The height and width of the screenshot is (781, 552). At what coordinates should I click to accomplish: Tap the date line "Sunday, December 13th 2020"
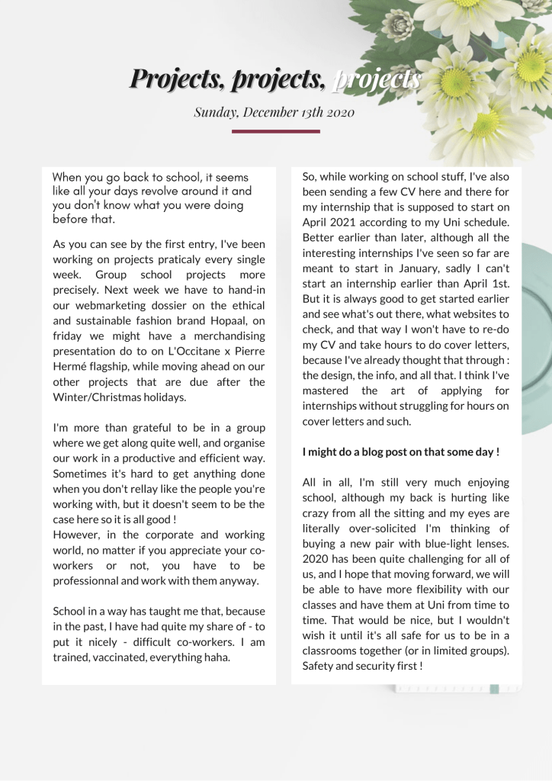click(x=274, y=113)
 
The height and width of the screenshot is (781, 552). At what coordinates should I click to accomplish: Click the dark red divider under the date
click(x=275, y=131)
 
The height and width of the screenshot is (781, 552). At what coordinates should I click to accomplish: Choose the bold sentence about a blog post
click(x=401, y=452)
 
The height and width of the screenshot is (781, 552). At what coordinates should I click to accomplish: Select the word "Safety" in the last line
click(x=319, y=666)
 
